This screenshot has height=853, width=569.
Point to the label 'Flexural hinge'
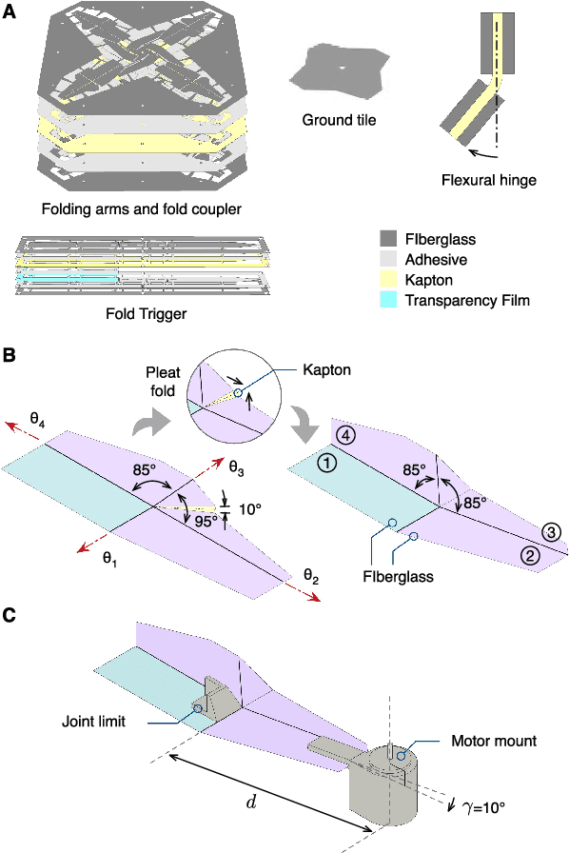pos(489,179)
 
